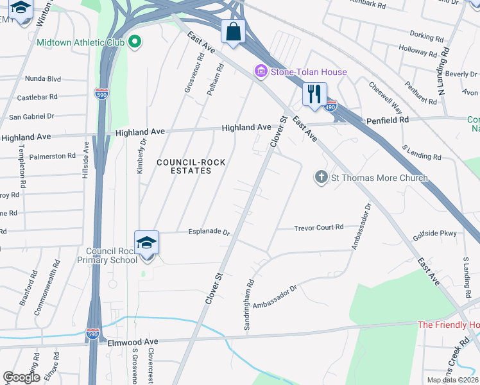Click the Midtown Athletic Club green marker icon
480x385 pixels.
pos(134,43)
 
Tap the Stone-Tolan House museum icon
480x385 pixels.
pos(261,72)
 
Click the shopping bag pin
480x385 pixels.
pos(232,31)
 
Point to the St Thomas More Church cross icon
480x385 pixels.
pos(321,177)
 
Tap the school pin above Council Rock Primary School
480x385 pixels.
pos(147,244)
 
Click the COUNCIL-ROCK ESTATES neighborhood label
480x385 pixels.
pos(191,167)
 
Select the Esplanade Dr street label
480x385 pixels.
pos(209,232)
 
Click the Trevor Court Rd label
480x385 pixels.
pos(319,228)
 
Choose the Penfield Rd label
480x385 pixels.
pos(388,120)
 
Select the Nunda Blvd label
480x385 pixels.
pos(42,79)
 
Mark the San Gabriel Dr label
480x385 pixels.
pos(31,117)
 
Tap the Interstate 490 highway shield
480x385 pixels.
pos(330,106)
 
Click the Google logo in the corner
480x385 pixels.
pos(21,377)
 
